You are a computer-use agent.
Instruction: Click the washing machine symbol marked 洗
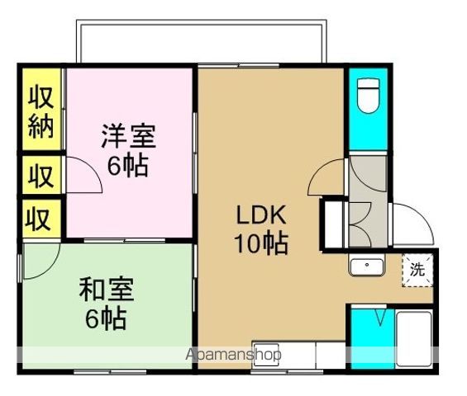(x=417, y=269)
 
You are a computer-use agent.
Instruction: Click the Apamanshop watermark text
(x=235, y=355)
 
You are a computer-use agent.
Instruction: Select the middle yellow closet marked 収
(x=40, y=175)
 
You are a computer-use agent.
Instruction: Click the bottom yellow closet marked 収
(x=40, y=219)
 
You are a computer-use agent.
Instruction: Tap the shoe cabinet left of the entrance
(x=334, y=224)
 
